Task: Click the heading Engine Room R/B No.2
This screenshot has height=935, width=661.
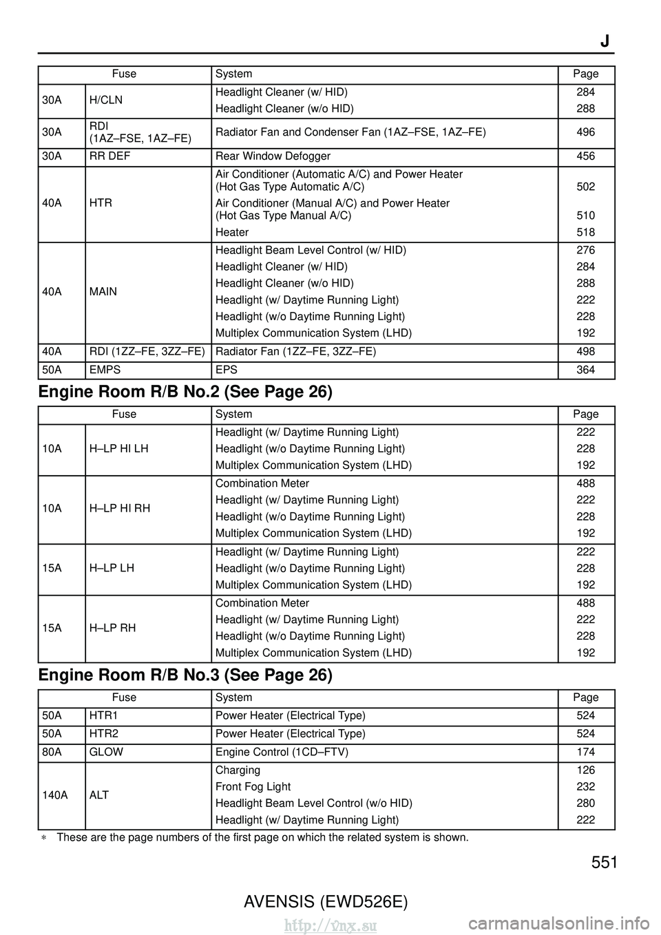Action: click(185, 392)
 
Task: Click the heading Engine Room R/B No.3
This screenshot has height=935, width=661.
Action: click(185, 675)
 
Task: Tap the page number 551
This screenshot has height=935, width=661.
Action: click(604, 863)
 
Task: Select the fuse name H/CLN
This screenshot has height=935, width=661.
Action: click(106, 100)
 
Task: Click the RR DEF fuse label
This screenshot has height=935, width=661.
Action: click(109, 156)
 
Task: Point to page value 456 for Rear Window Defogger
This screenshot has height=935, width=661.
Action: click(585, 156)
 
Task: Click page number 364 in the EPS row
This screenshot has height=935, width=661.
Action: click(585, 370)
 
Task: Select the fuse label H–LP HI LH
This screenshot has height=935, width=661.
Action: click(118, 449)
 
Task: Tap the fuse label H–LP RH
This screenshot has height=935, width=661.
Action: click(112, 628)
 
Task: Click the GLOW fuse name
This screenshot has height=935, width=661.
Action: click(106, 752)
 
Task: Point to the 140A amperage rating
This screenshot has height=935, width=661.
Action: click(55, 795)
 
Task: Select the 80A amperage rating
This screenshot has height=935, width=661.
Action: click(52, 752)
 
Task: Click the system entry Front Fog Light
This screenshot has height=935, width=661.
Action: click(253, 786)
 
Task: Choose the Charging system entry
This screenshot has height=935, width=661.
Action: click(238, 770)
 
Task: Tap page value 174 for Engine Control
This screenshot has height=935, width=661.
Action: click(585, 752)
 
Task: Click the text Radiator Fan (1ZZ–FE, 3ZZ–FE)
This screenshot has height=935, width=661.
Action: click(295, 351)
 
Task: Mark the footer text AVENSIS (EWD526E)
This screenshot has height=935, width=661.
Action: click(326, 901)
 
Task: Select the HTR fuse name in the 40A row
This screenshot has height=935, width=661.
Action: click(101, 203)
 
